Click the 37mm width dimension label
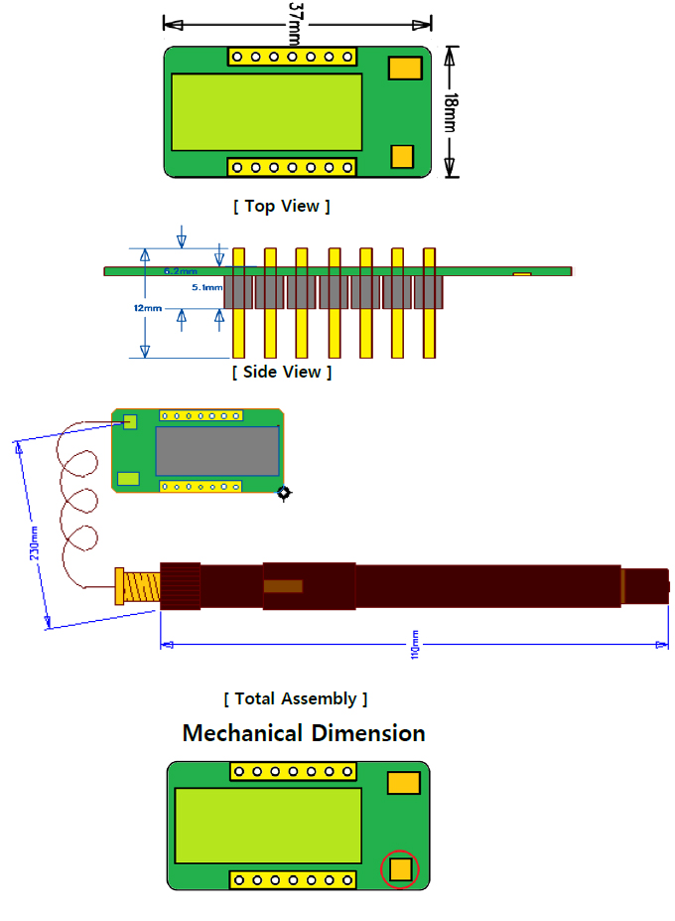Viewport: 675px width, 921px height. click(295, 22)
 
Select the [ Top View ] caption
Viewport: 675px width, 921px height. click(282, 206)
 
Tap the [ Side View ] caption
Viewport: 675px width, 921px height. click(282, 372)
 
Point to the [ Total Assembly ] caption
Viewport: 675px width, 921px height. click(296, 698)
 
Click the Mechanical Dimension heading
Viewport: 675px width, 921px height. click(304, 733)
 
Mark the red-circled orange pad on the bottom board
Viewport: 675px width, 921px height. click(401, 869)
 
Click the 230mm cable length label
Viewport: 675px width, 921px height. click(34, 542)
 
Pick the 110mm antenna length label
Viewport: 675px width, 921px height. click(415, 644)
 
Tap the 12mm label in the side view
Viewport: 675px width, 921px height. click(147, 308)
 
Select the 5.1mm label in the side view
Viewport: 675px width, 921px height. click(207, 287)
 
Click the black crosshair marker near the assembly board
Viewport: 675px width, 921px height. click(285, 493)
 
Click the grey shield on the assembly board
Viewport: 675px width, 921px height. click(216, 450)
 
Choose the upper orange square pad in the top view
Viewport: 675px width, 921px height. click(404, 69)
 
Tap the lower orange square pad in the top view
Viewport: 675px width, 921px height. click(402, 156)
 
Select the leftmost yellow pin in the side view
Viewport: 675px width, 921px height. click(238, 303)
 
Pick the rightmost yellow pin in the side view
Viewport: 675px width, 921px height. click(430, 303)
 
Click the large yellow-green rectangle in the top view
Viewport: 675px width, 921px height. click(266, 110)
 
